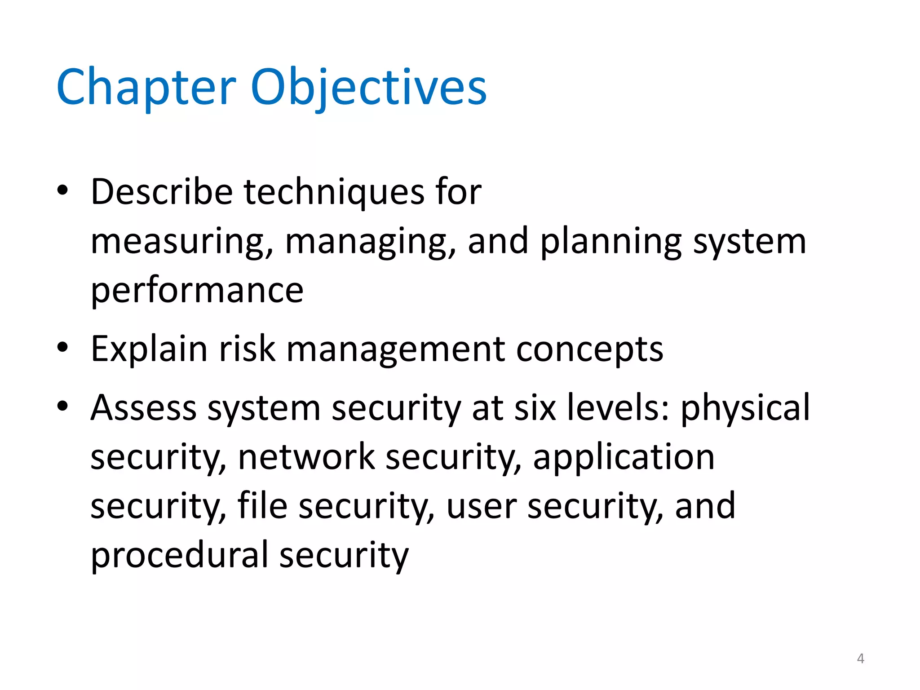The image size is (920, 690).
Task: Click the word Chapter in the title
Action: tap(146, 87)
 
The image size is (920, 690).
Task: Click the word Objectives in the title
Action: tap(368, 87)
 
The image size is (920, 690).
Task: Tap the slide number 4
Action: tap(860, 659)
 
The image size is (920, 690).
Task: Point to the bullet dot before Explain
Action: tap(63, 347)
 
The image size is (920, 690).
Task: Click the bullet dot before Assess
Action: tap(63, 406)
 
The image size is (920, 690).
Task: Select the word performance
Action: tap(197, 291)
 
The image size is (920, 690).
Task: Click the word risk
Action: tap(247, 349)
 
